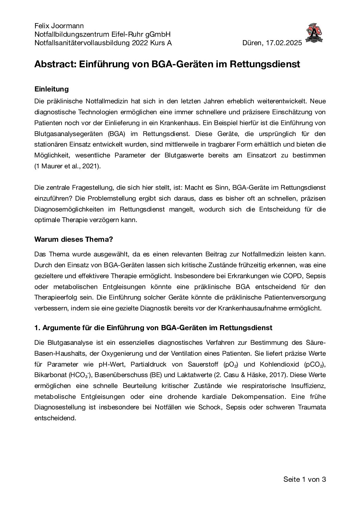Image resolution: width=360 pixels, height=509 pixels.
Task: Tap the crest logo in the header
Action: tap(314, 33)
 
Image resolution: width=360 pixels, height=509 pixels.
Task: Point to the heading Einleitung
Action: tap(52, 89)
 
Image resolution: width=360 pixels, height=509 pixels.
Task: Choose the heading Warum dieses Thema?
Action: tap(74, 239)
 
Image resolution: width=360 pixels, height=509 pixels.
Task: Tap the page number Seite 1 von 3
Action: tap(305, 479)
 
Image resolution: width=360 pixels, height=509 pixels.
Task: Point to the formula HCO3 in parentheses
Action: tap(80, 375)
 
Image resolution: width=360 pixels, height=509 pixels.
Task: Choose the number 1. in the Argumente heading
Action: tap(37, 328)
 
